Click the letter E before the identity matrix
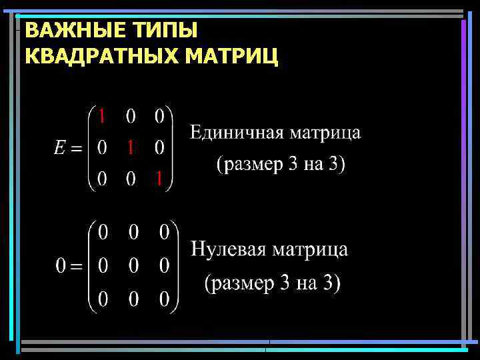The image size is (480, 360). coord(61,149)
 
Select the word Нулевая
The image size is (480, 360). coord(228,250)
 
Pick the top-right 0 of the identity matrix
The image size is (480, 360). coord(160,117)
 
